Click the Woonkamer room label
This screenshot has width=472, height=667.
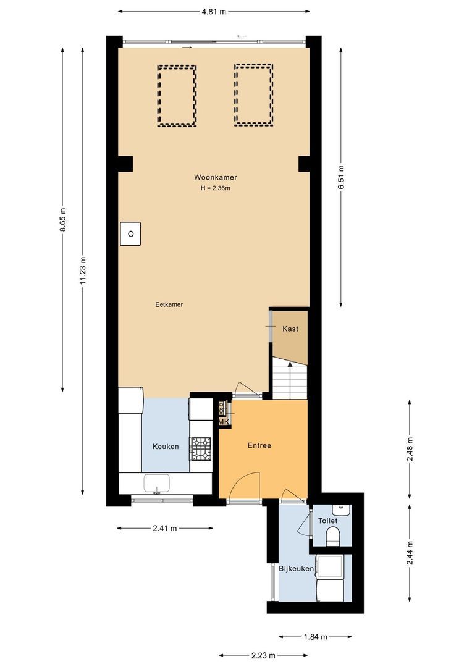215,177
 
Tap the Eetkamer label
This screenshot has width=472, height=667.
169,304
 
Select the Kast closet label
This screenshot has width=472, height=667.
290,329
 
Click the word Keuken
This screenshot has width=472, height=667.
166,447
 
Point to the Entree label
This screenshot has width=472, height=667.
259,445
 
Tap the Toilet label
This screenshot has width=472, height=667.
328,521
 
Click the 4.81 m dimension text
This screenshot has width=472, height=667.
214,11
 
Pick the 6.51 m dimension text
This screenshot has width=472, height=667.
342,178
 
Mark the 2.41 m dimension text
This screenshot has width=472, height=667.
164,528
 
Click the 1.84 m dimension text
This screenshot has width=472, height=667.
315,636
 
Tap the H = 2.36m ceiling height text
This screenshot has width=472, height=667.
215,188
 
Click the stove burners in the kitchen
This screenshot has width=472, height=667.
201,450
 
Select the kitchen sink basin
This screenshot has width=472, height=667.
158,483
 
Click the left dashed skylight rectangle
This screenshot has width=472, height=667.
177,96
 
